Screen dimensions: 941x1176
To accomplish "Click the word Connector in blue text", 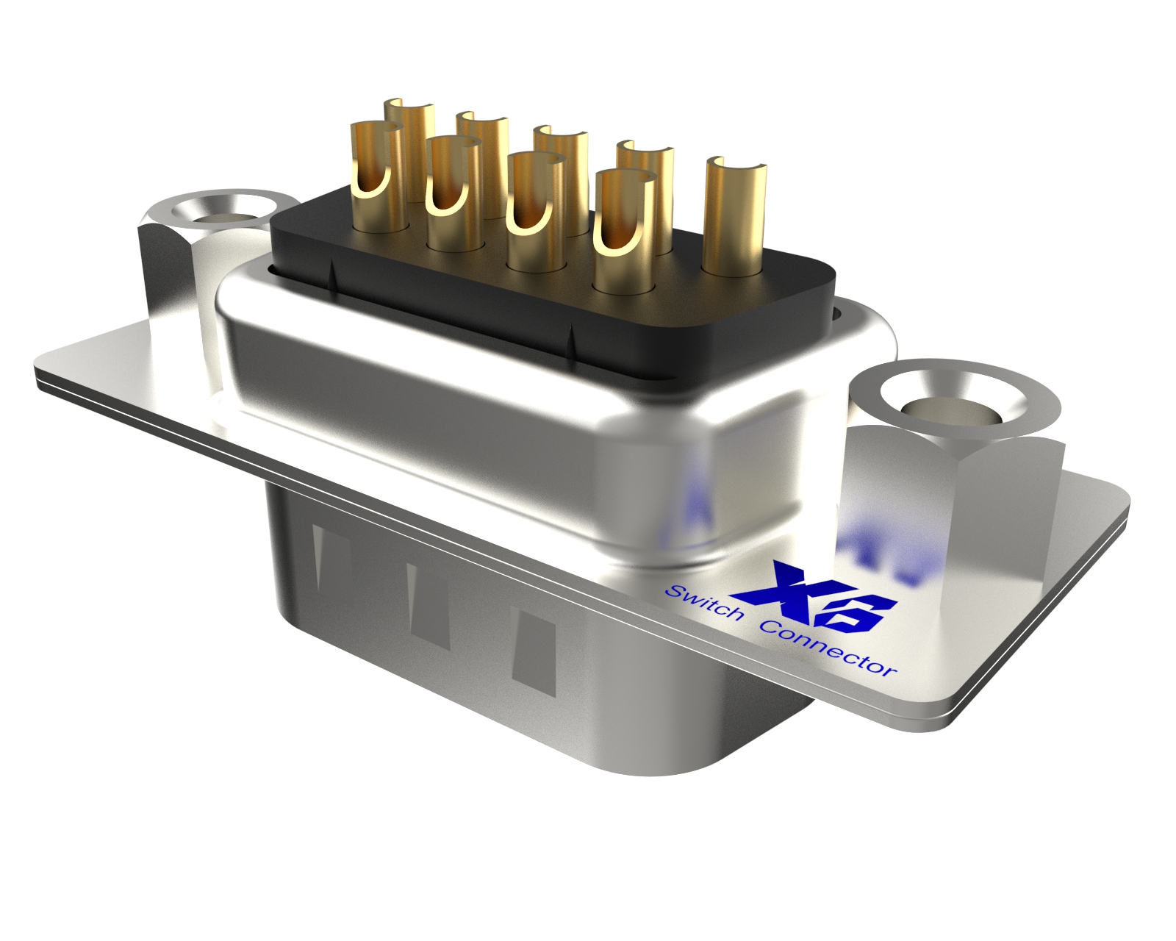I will pos(827,648).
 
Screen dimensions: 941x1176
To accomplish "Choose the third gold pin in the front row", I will pos(534,213).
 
